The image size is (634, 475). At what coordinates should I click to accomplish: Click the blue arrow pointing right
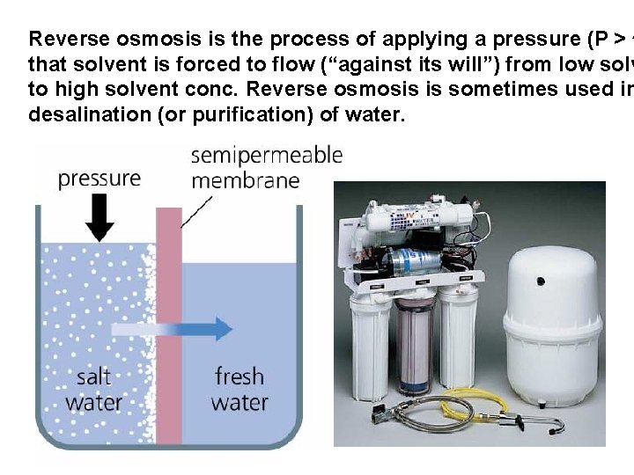tap(176, 328)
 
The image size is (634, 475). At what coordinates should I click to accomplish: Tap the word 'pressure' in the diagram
tap(99, 179)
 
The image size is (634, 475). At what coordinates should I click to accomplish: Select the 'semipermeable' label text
tap(266, 156)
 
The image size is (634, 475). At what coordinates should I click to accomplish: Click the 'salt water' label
tap(93, 390)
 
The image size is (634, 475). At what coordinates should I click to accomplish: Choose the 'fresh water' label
tap(240, 390)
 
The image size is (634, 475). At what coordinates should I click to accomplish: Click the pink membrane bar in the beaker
tap(168, 334)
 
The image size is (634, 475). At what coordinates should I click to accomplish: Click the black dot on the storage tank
tap(540, 281)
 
